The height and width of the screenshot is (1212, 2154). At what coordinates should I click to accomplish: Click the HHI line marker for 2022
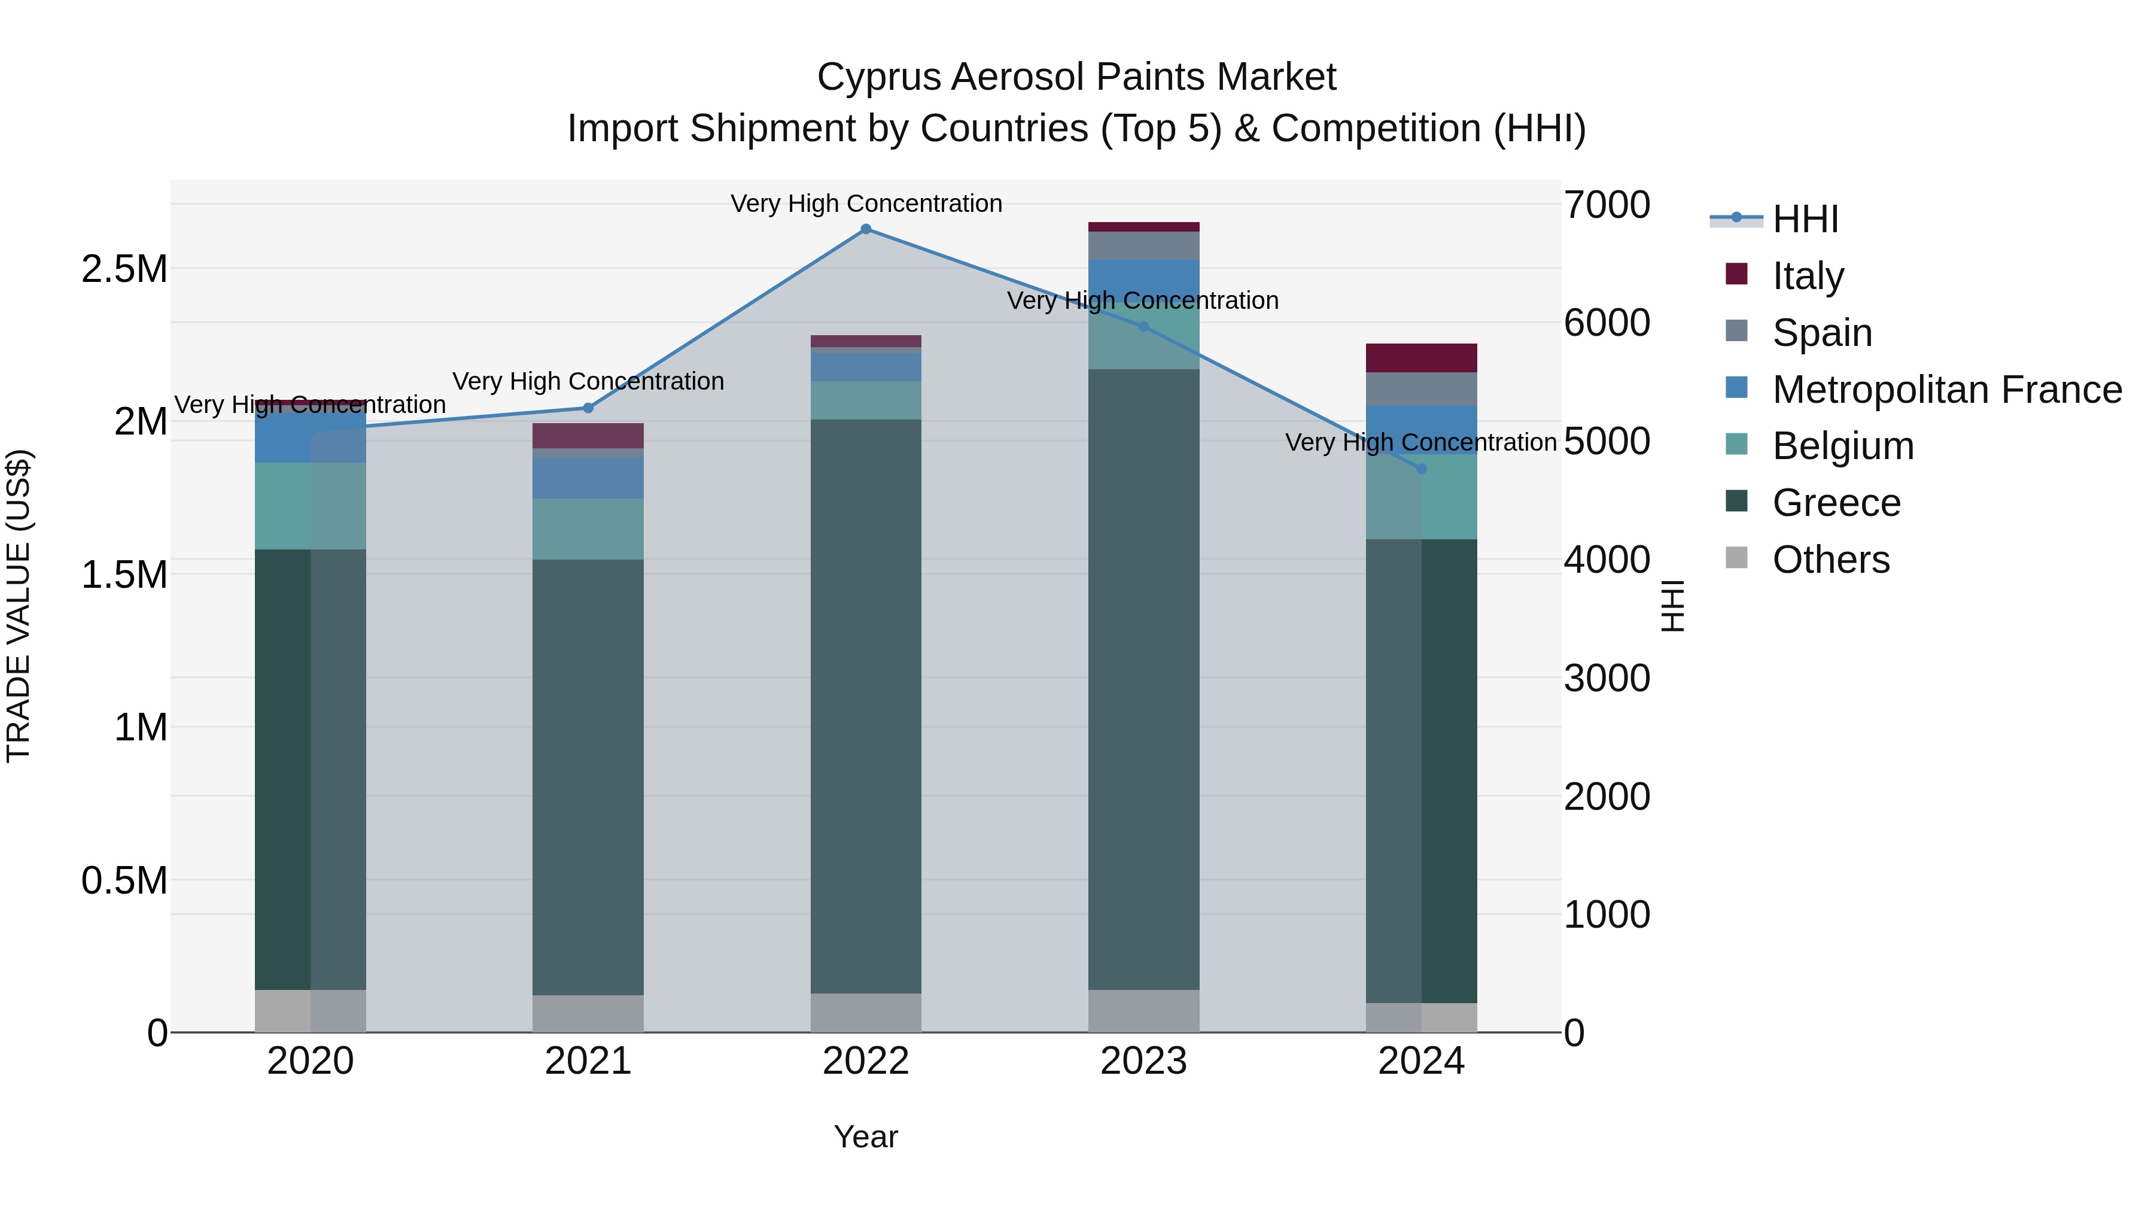click(x=865, y=229)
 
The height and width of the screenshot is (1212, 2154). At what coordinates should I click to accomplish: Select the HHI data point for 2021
click(x=588, y=408)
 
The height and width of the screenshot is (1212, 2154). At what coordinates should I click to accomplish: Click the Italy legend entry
click(x=1807, y=275)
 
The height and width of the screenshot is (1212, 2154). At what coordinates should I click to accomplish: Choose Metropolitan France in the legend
click(x=1946, y=390)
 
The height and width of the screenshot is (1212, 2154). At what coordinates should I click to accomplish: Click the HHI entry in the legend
click(x=1805, y=219)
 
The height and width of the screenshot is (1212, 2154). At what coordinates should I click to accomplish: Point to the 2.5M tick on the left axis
click(x=124, y=269)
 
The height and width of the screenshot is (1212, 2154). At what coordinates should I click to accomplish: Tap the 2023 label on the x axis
click(x=1143, y=1061)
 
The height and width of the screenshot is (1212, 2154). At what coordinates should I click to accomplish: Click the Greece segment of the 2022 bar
click(x=865, y=706)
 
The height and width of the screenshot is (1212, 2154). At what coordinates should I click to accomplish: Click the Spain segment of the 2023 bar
click(x=1143, y=246)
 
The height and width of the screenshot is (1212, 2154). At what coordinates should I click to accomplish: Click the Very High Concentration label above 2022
click(x=865, y=203)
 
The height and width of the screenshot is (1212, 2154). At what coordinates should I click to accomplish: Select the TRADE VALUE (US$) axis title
click(x=19, y=606)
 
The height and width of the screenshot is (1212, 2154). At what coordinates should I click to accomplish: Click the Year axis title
click(x=865, y=1137)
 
